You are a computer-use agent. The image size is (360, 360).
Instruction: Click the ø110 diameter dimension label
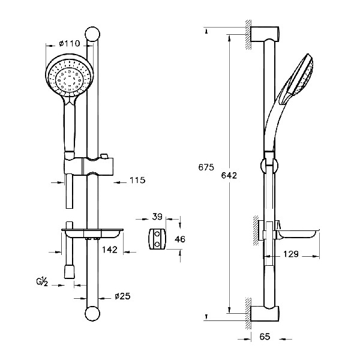(70, 43)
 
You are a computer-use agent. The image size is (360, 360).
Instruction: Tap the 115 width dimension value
(137, 180)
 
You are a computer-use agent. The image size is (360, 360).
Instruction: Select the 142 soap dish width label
(110, 250)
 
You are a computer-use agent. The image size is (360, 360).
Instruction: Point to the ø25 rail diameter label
(122, 296)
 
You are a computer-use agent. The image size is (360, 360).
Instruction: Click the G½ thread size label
(42, 282)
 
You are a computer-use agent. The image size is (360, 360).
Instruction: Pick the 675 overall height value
(206, 167)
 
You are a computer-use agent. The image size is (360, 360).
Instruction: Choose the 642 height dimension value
(229, 175)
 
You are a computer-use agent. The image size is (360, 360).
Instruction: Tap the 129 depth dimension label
(290, 254)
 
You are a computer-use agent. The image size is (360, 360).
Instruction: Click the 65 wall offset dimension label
(265, 337)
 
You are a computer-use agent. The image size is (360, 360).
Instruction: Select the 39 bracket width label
(157, 217)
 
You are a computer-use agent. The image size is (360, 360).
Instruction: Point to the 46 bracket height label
(180, 239)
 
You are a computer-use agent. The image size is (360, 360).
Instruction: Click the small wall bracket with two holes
(157, 239)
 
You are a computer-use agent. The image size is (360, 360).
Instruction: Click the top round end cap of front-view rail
(92, 34)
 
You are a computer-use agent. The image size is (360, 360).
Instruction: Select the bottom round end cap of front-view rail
(92, 314)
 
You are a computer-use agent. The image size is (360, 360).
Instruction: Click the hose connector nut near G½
(69, 271)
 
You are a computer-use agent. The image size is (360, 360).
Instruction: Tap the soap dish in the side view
(298, 235)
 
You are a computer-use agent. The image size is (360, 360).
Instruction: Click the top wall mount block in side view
(265, 34)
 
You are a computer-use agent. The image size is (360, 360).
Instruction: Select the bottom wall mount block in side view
(265, 314)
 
